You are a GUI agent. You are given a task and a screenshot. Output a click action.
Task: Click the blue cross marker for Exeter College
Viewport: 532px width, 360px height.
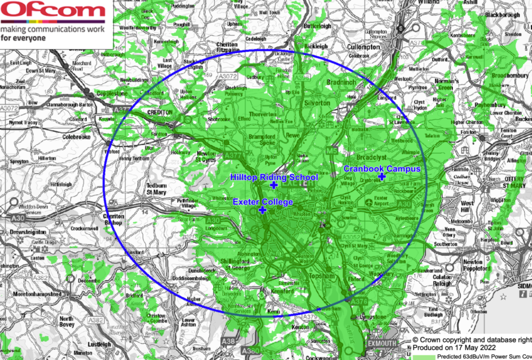coord(262,211)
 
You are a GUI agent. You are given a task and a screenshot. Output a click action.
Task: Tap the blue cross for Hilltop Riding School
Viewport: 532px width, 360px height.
coord(273,185)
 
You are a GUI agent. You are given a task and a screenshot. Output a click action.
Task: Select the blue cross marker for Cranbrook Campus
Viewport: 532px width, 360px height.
coord(381,176)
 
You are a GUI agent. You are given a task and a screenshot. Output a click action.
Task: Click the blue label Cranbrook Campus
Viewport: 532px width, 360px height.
coord(381,168)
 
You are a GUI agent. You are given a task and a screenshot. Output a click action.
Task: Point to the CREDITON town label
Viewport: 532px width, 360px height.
coord(159,113)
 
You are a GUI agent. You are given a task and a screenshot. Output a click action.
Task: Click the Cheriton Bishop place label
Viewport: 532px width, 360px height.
coord(113,220)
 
